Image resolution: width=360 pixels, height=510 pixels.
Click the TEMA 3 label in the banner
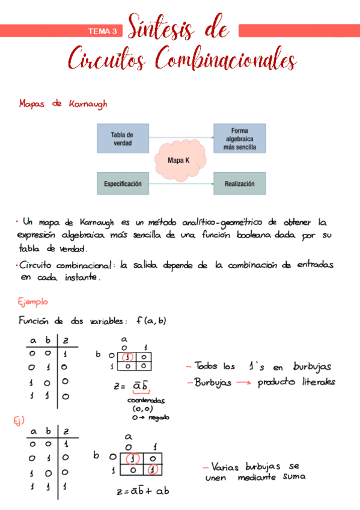[103, 31]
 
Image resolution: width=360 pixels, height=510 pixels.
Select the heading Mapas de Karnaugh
[63, 104]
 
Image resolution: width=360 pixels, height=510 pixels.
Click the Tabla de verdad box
[122, 138]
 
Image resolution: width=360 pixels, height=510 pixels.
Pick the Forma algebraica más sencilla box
[239, 138]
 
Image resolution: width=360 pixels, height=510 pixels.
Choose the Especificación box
[122, 183]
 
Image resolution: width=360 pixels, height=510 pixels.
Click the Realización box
[239, 183]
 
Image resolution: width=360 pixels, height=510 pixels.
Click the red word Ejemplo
[33, 301]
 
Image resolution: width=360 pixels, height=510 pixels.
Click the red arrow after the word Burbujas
[242, 382]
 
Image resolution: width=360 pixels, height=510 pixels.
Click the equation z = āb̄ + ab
[143, 491]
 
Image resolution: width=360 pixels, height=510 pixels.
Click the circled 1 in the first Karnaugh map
[126, 356]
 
